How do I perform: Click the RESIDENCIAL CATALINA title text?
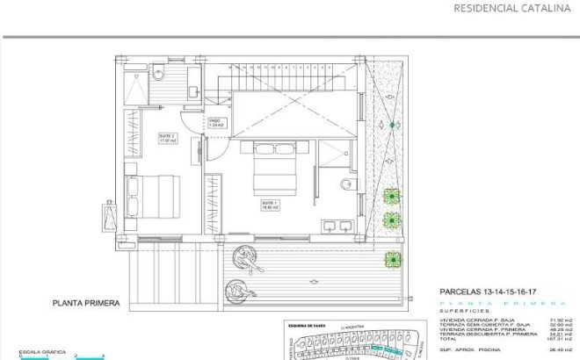pyautogui.click(x=509, y=10)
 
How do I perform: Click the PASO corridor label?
pyautogui.click(x=217, y=123)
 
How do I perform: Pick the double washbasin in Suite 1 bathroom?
pyautogui.click(x=337, y=226)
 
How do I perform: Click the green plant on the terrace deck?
pyautogui.click(x=392, y=258)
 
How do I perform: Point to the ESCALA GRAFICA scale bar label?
pyautogui.click(x=25, y=351)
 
